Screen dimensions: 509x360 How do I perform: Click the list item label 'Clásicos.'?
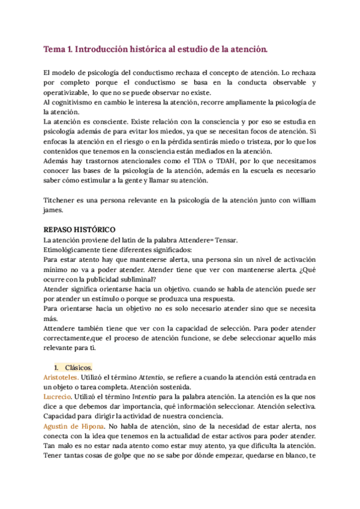pos(79,366)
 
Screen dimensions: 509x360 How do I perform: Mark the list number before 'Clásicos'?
pos(56,366)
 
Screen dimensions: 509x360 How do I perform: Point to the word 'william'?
pos(302,199)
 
